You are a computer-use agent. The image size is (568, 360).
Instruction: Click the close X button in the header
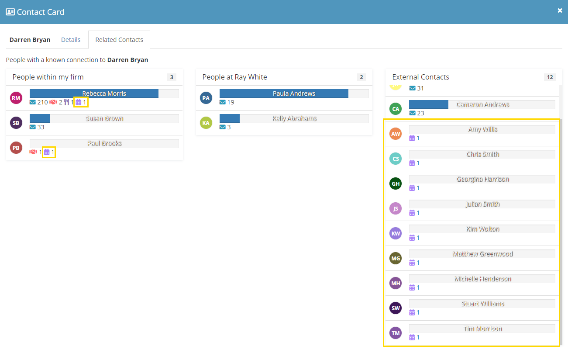[560, 10]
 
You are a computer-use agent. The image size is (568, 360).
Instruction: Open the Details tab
[71, 40]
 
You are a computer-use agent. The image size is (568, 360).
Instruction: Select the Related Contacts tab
[119, 40]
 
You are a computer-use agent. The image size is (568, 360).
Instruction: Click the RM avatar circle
[16, 98]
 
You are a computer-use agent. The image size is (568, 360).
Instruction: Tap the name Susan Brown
[104, 118]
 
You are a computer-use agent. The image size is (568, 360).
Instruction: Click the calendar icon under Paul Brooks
[47, 152]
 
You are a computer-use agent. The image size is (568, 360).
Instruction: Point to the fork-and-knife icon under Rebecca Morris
[66, 102]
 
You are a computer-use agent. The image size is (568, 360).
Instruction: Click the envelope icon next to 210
[33, 102]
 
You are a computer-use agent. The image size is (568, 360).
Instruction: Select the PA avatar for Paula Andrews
[206, 98]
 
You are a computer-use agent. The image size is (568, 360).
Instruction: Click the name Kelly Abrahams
[294, 118]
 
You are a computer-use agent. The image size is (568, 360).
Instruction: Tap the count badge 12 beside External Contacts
[550, 77]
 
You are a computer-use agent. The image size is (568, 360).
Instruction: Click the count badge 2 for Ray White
[361, 77]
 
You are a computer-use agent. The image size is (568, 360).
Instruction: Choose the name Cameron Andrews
[482, 104]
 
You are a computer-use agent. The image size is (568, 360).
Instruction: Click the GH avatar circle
[396, 183]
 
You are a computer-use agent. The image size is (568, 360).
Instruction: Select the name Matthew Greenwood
[482, 254]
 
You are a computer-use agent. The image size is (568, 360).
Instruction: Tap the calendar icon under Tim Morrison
[412, 337]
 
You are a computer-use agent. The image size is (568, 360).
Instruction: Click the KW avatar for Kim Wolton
[396, 233]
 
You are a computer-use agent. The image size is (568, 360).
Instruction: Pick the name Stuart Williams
[482, 304]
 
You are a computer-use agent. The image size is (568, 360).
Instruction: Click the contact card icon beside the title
[10, 12]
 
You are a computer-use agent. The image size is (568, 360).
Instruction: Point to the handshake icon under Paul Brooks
[33, 152]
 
